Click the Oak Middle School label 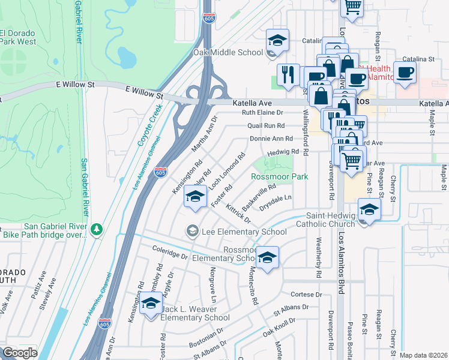point(228,52)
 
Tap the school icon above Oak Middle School point(277,41)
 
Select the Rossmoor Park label point(279,176)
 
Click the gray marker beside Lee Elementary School point(192,230)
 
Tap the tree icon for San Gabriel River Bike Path point(96,230)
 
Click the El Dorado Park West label point(18,37)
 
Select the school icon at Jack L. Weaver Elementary point(151,302)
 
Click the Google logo point(20,353)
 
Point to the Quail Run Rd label point(275,126)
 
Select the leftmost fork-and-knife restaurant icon point(288,74)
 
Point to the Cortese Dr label point(307,295)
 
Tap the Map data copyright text point(424,355)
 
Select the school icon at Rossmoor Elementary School point(267,258)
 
